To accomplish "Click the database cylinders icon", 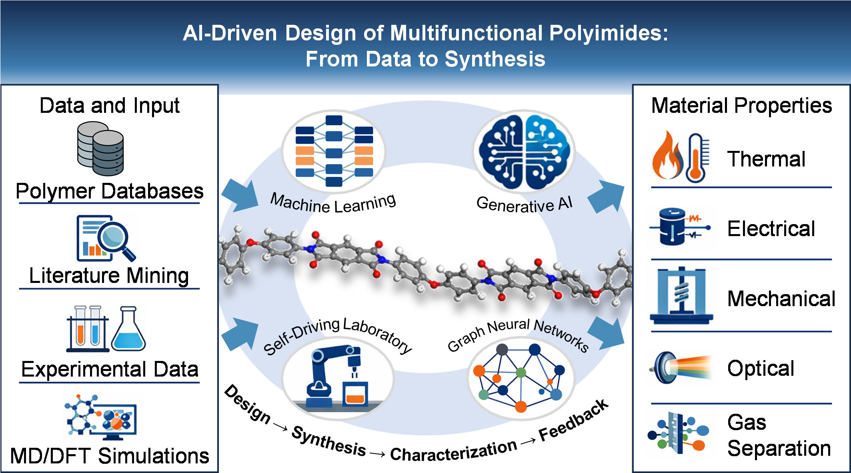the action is click(100, 148).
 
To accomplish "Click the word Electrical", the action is click(771, 228).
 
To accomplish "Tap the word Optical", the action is click(761, 369).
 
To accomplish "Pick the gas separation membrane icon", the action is click(677, 434).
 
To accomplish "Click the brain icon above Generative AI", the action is click(524, 151).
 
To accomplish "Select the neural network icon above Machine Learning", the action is click(334, 151).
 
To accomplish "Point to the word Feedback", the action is click(573, 420).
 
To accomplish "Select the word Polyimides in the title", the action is click(609, 33).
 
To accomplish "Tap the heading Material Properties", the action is click(741, 106).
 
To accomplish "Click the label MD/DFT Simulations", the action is click(110, 455).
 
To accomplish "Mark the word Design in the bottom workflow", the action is click(247, 403).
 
